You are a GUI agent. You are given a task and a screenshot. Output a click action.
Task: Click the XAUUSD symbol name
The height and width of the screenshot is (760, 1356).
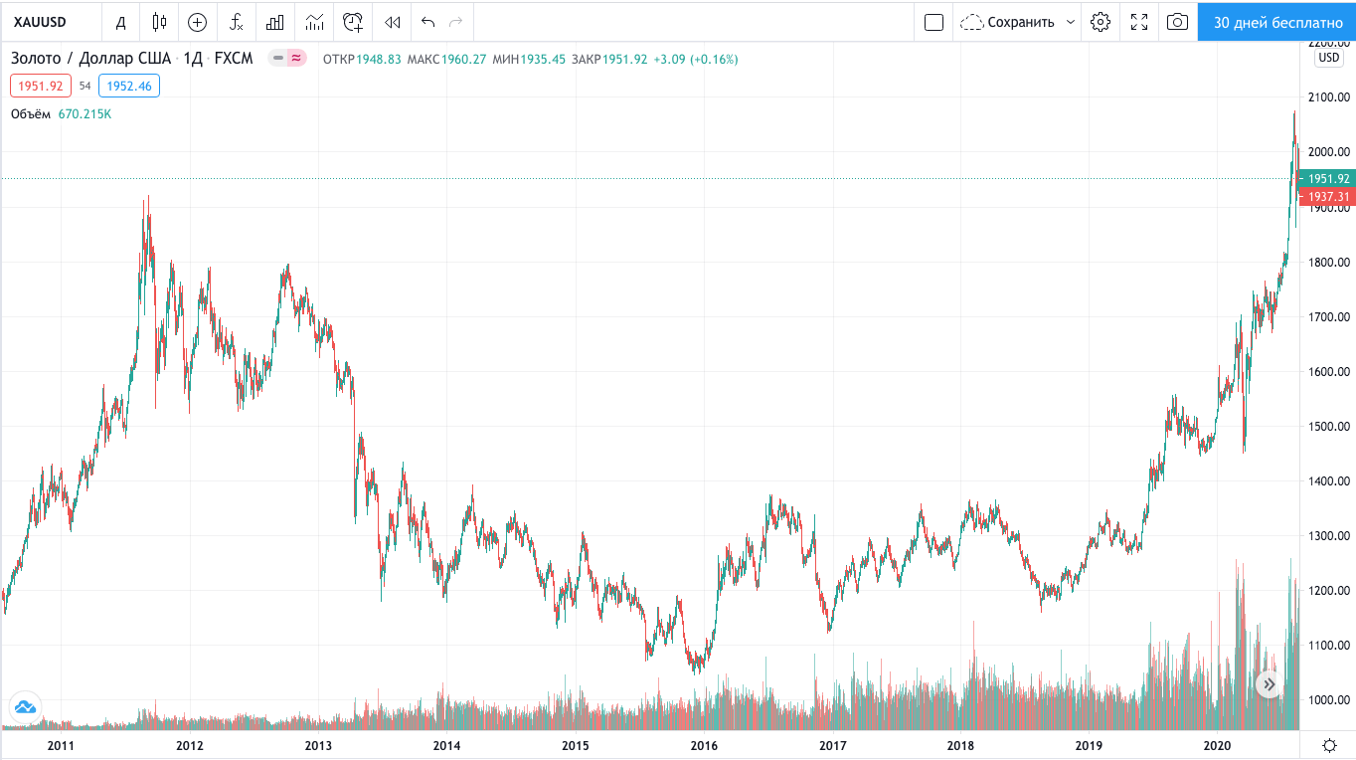click(40, 22)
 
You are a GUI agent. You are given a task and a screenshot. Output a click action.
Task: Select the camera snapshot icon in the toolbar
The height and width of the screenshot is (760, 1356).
click(1177, 22)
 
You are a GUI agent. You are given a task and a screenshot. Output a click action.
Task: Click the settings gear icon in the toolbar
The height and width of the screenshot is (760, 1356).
click(1100, 22)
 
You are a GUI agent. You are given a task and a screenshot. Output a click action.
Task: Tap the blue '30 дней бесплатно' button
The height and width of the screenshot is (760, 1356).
click(1277, 22)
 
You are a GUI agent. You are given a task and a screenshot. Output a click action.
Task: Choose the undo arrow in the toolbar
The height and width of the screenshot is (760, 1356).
click(427, 22)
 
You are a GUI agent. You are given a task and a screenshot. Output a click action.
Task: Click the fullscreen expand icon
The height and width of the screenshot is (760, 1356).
click(1139, 22)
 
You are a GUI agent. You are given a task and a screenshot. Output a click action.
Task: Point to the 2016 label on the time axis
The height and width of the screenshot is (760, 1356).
click(704, 745)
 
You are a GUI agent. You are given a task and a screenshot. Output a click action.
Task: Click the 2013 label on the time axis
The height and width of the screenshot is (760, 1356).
click(318, 745)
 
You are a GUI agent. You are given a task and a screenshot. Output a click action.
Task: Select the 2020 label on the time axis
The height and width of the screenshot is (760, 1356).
click(1218, 745)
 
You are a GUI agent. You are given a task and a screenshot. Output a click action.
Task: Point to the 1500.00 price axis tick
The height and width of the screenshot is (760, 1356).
click(1329, 427)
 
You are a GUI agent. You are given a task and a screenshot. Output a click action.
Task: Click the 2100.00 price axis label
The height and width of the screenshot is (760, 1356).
click(1329, 97)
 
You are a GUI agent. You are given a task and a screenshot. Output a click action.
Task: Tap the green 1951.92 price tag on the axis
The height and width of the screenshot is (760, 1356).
click(1328, 178)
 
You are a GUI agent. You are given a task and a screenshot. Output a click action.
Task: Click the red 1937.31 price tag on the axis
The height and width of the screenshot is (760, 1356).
click(1328, 196)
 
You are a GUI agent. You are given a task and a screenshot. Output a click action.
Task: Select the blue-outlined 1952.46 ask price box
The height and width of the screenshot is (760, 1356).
click(129, 86)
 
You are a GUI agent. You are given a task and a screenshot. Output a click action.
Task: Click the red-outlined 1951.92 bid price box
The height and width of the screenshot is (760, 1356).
click(41, 86)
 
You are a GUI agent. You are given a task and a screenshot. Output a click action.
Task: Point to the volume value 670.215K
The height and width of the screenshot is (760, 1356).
click(85, 114)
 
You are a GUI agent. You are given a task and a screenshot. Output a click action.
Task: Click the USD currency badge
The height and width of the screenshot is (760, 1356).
click(1329, 58)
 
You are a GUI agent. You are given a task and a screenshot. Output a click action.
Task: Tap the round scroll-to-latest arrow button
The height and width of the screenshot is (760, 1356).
click(1270, 684)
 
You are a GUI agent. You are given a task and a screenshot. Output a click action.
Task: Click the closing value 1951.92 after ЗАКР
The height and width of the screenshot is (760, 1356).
click(625, 59)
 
